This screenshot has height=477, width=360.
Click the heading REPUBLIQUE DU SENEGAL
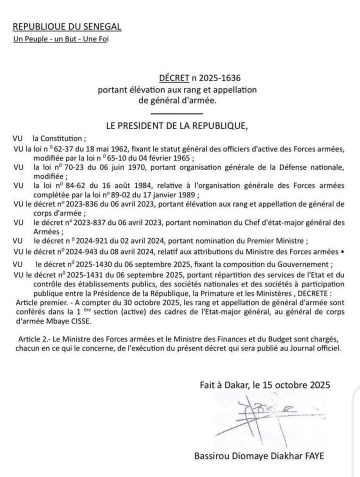click(66, 26)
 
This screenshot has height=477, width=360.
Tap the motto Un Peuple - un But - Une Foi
click(60, 38)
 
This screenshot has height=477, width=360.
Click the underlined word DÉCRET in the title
click(174, 78)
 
